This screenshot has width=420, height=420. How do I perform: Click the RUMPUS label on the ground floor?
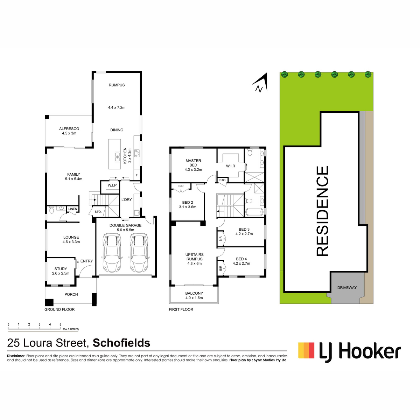click(x=117, y=85)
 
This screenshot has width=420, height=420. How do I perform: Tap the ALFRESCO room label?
click(x=69, y=129)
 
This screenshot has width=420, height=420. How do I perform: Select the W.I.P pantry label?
click(x=112, y=185)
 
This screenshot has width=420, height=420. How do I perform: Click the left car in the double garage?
click(x=112, y=253)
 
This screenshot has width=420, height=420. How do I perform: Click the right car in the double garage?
click(x=139, y=253)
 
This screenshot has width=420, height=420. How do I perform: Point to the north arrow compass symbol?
click(x=260, y=83)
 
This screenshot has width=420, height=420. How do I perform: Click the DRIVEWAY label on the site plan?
click(x=347, y=288)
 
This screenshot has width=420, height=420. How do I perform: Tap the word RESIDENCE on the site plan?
click(x=322, y=211)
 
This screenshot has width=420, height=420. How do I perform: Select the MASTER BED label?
click(x=193, y=163)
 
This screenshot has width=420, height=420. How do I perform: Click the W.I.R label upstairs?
click(x=230, y=166)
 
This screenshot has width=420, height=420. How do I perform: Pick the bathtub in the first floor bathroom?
click(x=254, y=212)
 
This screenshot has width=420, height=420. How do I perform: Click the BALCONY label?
click(x=194, y=293)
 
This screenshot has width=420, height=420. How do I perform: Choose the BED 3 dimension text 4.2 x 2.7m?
click(x=244, y=234)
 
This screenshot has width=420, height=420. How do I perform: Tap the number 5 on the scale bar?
click(x=60, y=324)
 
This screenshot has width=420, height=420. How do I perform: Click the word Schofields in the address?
click(x=121, y=343)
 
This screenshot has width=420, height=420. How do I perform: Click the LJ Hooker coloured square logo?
click(x=306, y=350)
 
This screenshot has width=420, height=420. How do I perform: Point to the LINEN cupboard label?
click(x=72, y=209)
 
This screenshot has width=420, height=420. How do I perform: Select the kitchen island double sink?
click(x=117, y=157)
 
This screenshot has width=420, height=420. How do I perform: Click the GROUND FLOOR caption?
click(x=59, y=309)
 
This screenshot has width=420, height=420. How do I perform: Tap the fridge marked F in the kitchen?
click(x=136, y=175)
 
